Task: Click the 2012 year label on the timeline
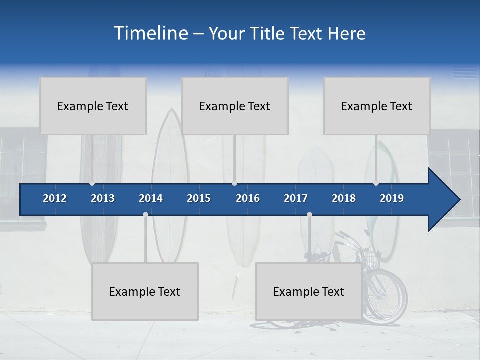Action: tap(55, 198)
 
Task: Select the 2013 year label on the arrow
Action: tap(103, 198)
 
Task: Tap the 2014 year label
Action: tap(151, 198)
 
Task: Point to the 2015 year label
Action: tap(199, 198)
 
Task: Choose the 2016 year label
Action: tap(248, 198)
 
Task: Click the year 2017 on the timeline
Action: tap(296, 198)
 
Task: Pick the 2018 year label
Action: tap(344, 198)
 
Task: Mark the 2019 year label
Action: tap(392, 198)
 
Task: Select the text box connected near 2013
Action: tap(93, 106)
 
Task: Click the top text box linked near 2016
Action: tap(235, 106)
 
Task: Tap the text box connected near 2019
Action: tap(377, 106)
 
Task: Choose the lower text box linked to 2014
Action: tap(145, 291)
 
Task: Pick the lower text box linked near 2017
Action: tap(309, 291)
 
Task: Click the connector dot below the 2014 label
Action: tap(145, 215)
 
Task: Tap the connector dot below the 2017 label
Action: tap(309, 215)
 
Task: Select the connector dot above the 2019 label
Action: tap(376, 183)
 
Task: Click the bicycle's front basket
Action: tap(371, 258)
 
